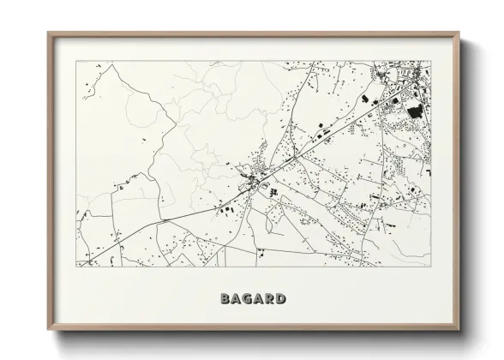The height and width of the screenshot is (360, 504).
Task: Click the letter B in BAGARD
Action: click(225, 299)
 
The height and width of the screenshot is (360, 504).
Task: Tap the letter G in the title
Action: click(246, 299)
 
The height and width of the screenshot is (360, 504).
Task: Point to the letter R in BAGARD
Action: click(268, 299)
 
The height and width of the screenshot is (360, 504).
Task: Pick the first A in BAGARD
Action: click(236, 299)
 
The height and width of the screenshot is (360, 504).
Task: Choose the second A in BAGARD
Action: click(257, 299)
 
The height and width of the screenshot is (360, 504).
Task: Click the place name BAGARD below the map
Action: click(252, 299)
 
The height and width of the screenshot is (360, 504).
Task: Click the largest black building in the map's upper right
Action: click(414, 111)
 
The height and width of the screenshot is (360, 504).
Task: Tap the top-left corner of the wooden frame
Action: click(48, 33)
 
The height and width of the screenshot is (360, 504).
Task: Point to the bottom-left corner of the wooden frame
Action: click(48, 331)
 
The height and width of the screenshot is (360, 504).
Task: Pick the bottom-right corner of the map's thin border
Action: click(431, 267)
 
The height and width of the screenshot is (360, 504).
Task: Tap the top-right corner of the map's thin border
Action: click(431, 61)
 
